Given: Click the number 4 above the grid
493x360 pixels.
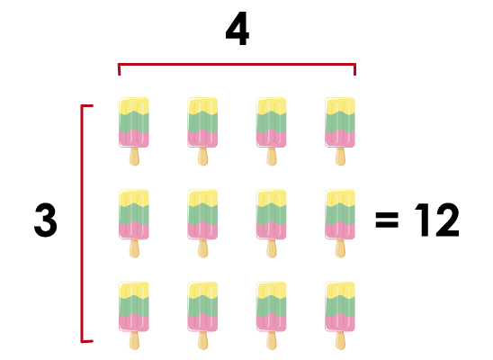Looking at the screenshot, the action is pyautogui.click(x=238, y=29).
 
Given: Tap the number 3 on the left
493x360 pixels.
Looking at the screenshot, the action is pyautogui.click(x=46, y=220).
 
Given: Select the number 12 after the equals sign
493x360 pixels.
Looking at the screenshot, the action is pyautogui.click(x=437, y=220).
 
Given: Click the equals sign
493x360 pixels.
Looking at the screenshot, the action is pyautogui.click(x=387, y=220).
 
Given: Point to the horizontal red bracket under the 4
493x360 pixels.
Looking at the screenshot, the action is pyautogui.click(x=238, y=65).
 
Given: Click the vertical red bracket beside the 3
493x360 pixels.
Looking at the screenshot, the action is pyautogui.click(x=83, y=223).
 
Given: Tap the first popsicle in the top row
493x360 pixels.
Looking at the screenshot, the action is pyautogui.click(x=134, y=131).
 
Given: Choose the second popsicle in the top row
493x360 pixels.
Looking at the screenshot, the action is pyautogui.click(x=202, y=131).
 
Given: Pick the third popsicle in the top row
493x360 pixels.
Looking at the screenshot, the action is pyautogui.click(x=272, y=131).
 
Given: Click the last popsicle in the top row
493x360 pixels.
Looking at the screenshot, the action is pyautogui.click(x=340, y=131).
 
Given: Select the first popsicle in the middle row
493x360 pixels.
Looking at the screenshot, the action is pyautogui.click(x=134, y=223).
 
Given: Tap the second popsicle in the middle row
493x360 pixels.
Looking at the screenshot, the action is pyautogui.click(x=202, y=223).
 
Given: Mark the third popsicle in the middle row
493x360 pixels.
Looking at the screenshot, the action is pyautogui.click(x=272, y=223).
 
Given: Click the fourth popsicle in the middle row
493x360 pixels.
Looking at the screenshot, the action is pyautogui.click(x=340, y=223).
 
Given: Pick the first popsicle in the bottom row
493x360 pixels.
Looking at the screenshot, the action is pyautogui.click(x=134, y=316).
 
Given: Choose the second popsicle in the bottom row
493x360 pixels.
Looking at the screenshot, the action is pyautogui.click(x=202, y=316).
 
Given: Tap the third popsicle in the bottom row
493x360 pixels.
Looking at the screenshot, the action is pyautogui.click(x=272, y=316).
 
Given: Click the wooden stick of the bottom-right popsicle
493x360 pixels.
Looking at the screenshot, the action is pyautogui.click(x=340, y=340).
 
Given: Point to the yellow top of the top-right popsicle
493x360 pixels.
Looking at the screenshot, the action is pyautogui.click(x=340, y=105).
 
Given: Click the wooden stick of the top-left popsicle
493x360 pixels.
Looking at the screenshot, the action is pyautogui.click(x=134, y=157).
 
